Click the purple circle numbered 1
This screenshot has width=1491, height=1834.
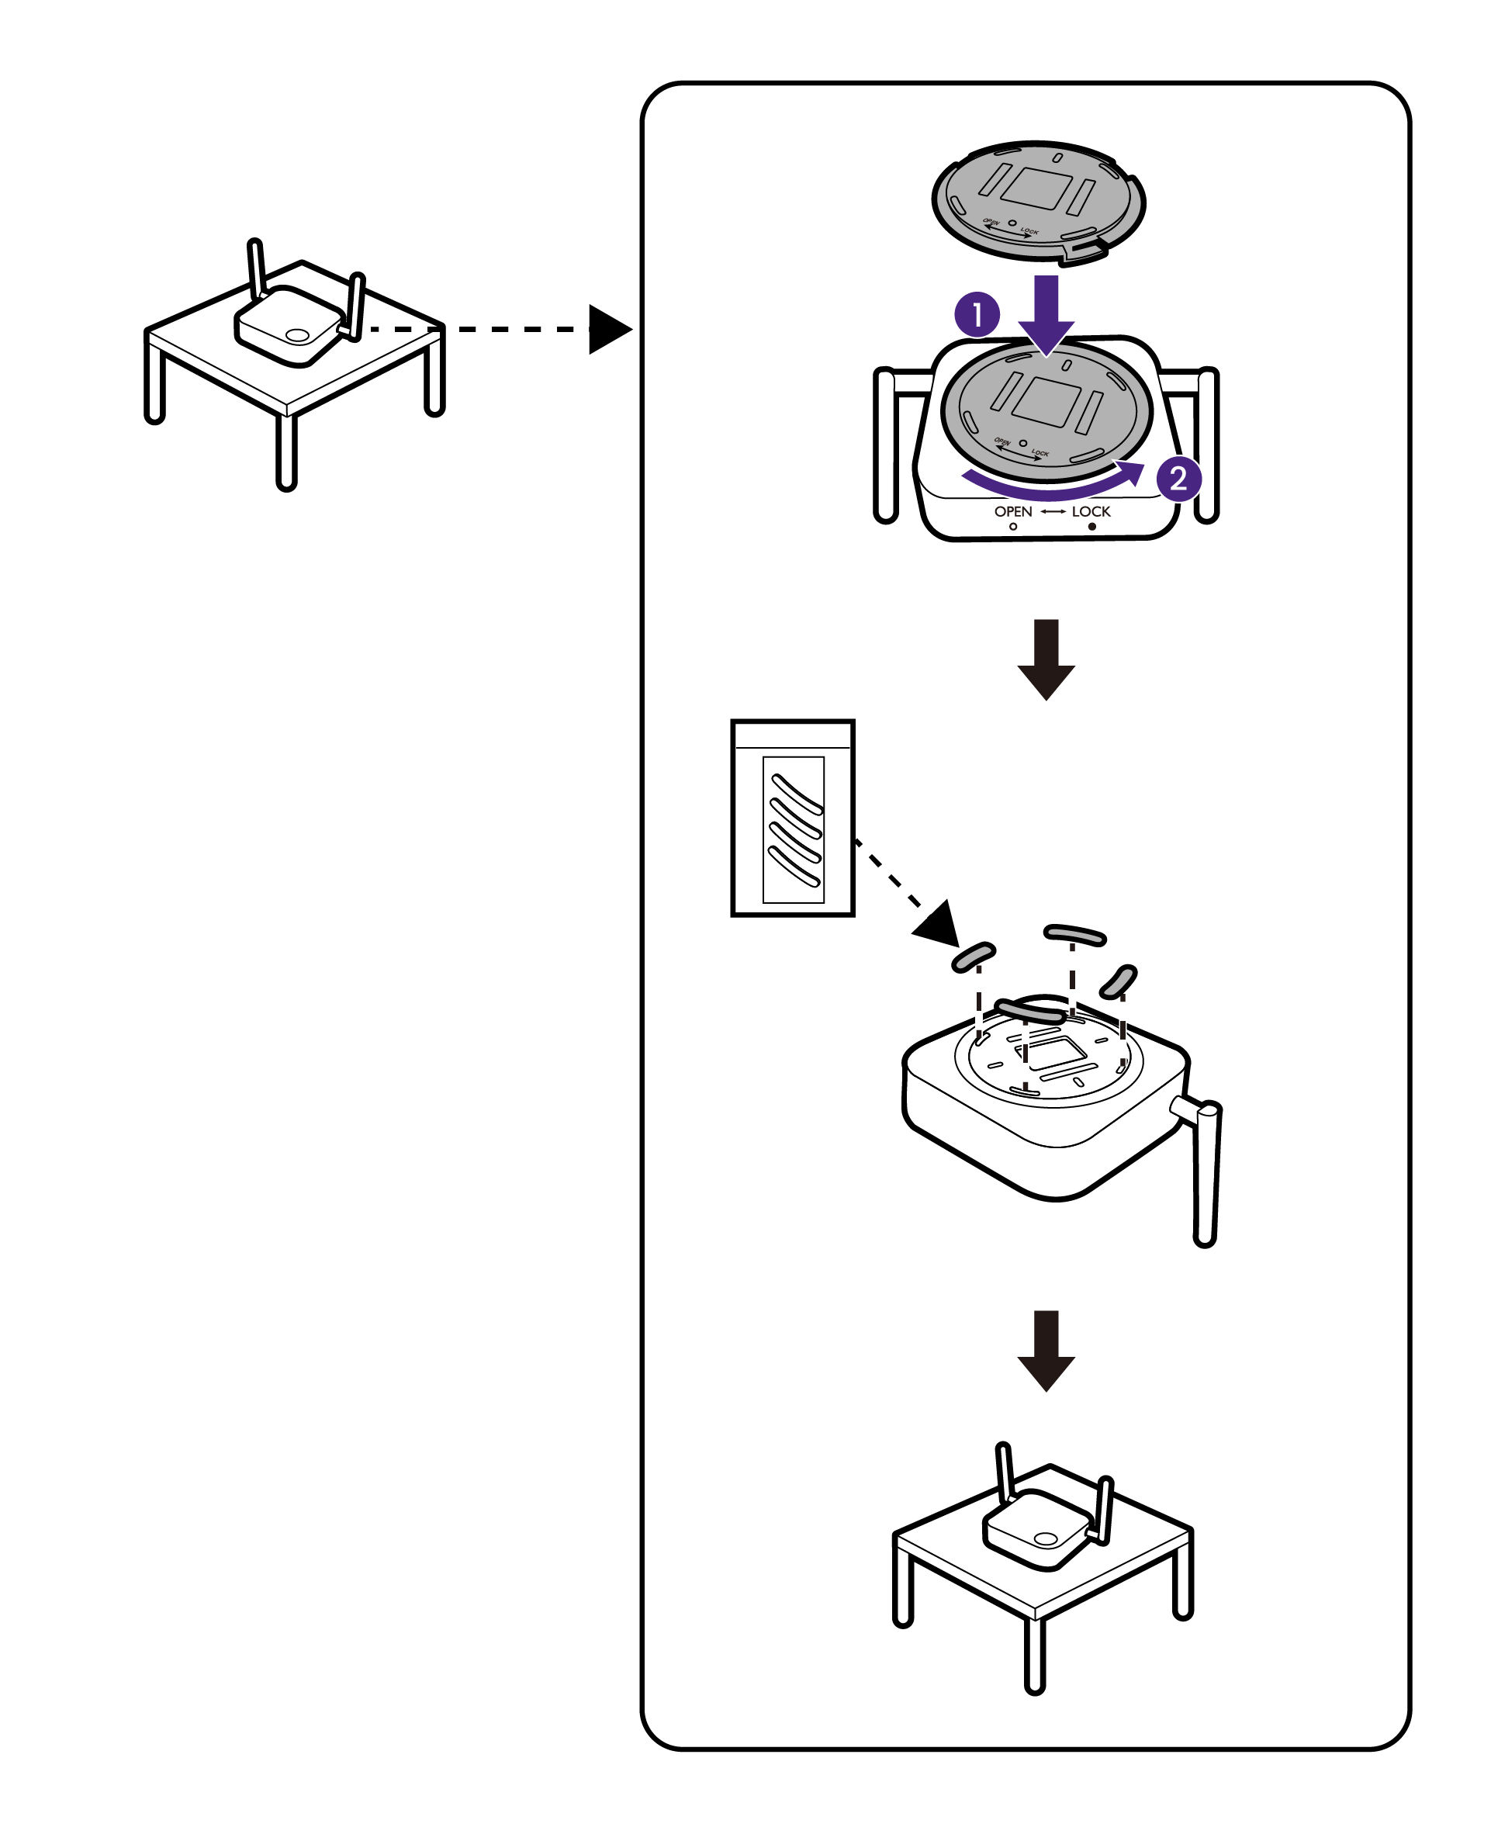[x=977, y=314]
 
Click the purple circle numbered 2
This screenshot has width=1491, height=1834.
[x=1178, y=478]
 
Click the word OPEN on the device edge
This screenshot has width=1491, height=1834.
[x=1012, y=511]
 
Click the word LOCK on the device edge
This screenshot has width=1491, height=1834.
[x=1091, y=511]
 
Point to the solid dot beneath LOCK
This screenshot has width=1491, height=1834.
[x=1091, y=527]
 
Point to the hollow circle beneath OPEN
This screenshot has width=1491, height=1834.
[x=1013, y=527]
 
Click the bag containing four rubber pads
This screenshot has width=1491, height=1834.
[x=792, y=818]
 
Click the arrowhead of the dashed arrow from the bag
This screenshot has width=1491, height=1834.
[x=939, y=926]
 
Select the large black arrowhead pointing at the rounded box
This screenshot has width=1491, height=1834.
[x=609, y=329]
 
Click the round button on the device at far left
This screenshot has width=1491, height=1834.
[x=296, y=335]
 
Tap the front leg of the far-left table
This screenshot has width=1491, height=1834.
[x=286, y=451]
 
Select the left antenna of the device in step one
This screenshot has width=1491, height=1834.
[x=885, y=447]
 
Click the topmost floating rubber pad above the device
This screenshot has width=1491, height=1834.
[x=1074, y=934]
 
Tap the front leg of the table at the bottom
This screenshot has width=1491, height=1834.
[x=1035, y=1653]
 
